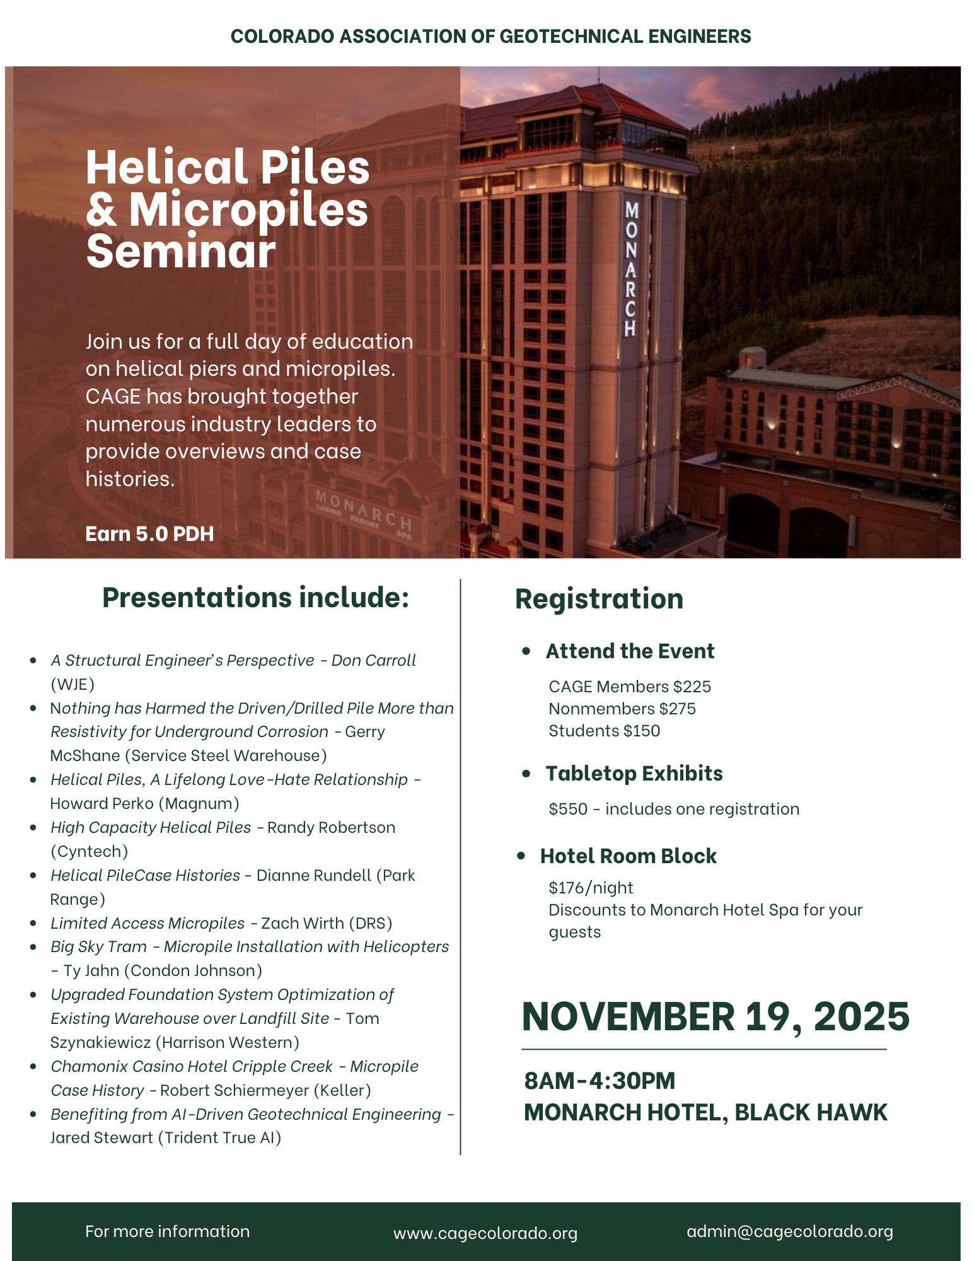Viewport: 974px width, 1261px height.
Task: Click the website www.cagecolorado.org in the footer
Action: coord(485,1233)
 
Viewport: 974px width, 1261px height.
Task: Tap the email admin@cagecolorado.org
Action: coord(789,1231)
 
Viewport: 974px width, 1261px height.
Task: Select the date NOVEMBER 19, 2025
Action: coord(716,1017)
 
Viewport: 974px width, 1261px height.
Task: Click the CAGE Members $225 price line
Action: coord(629,687)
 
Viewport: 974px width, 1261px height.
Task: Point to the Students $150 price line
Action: coord(604,731)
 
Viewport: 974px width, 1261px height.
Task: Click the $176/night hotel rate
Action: coord(591,888)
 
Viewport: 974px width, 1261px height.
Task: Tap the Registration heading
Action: coord(599,599)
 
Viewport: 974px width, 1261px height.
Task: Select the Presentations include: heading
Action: coord(256,598)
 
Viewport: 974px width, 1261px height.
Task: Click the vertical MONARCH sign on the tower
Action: coord(630,269)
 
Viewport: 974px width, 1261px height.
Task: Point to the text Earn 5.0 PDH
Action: coord(149,534)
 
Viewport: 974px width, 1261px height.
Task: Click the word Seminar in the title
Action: coord(181,251)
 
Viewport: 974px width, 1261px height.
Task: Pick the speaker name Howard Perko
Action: coord(102,804)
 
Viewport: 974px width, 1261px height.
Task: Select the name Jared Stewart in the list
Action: coord(101,1138)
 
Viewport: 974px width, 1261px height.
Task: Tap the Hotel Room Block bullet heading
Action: coord(628,856)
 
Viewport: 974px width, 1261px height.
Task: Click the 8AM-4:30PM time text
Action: coord(600,1081)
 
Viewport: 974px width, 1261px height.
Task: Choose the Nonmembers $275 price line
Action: coord(622,709)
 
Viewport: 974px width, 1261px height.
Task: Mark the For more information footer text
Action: coord(167,1231)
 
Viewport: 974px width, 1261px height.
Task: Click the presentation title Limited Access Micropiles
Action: coord(148,923)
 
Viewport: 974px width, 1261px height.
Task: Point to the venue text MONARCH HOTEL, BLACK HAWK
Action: coord(705,1113)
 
